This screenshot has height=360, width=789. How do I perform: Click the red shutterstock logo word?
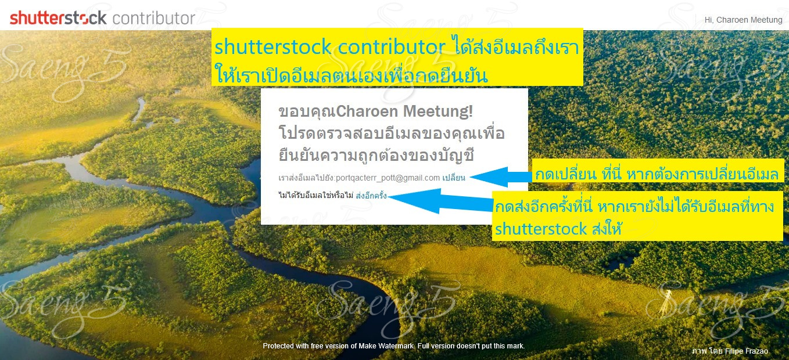[x=58, y=17]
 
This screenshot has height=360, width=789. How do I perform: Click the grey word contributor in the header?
[x=153, y=18]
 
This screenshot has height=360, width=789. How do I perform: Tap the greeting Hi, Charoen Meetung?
[x=743, y=20]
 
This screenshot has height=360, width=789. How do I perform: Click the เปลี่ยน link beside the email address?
[x=454, y=177]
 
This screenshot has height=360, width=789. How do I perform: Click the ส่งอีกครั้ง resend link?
[x=371, y=195]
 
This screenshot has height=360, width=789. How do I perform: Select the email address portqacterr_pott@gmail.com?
[x=388, y=178]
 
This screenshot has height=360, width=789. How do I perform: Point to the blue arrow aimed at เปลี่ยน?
[x=501, y=177]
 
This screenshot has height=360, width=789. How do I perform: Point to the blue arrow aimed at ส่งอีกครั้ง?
[x=440, y=201]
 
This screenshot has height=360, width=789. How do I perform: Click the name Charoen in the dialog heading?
[x=367, y=111]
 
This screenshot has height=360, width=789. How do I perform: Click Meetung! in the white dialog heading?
[x=438, y=111]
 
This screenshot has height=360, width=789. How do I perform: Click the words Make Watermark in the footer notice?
[x=386, y=346]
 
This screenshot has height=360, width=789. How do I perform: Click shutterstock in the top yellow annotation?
[x=273, y=47]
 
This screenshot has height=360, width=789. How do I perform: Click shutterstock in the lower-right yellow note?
[x=541, y=229]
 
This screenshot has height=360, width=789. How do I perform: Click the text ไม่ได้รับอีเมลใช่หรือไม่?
[x=316, y=195]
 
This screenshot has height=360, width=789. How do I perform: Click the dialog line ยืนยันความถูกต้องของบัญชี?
[x=376, y=156]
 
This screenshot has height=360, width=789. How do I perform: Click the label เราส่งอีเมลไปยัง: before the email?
[x=307, y=178]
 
